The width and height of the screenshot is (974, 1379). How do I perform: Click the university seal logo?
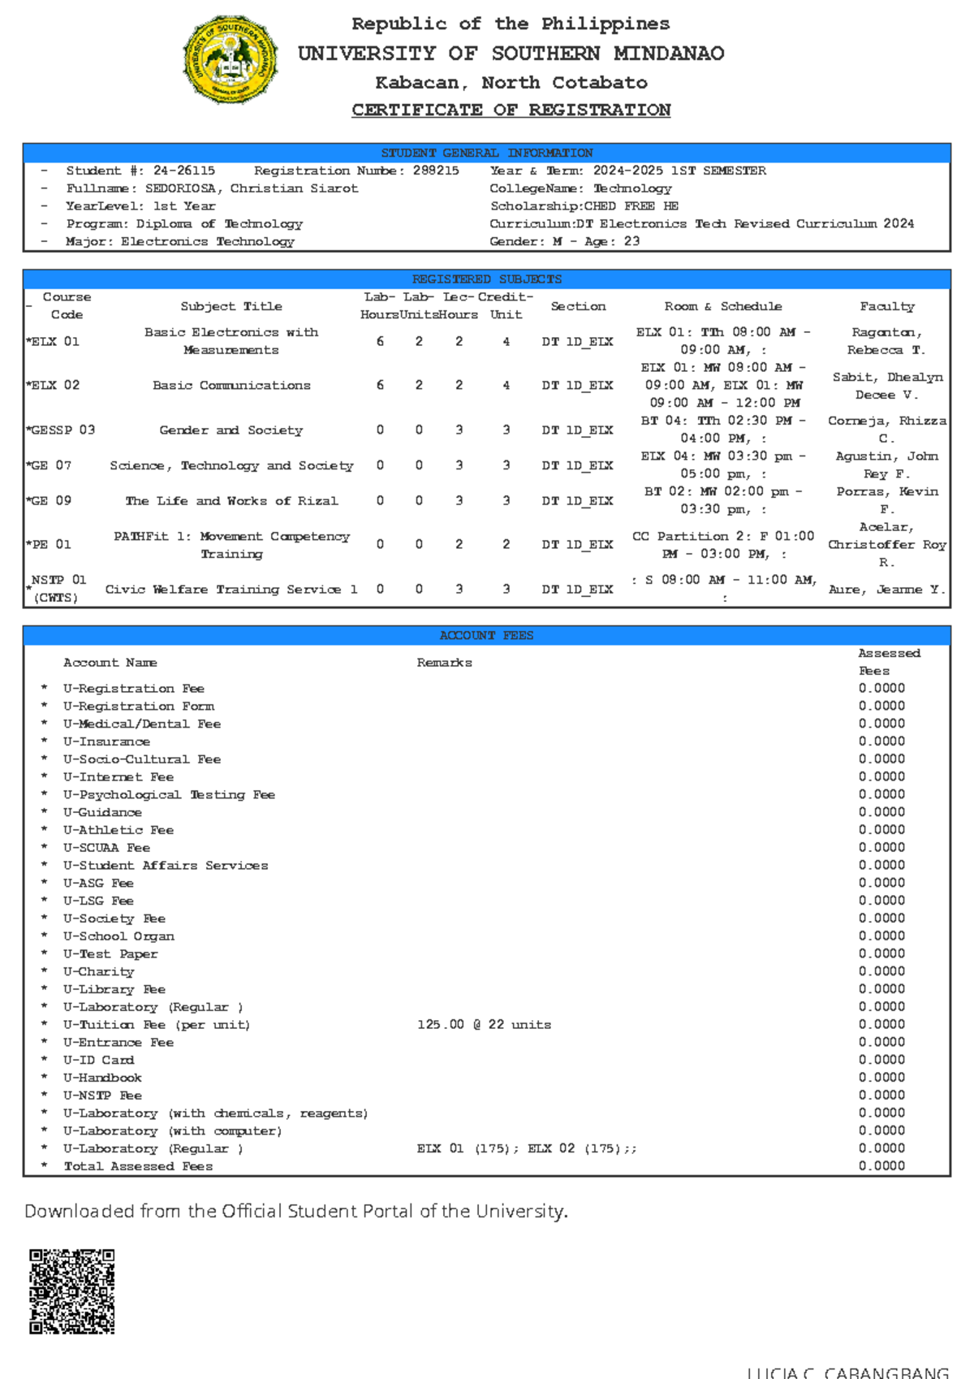point(231,60)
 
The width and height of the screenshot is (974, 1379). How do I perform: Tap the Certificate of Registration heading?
point(511,110)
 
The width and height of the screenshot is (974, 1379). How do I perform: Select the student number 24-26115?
point(184,171)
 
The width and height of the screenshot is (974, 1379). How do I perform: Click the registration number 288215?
point(436,171)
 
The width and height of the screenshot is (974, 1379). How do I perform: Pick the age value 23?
point(631,241)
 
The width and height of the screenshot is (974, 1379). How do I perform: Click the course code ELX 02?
point(54,385)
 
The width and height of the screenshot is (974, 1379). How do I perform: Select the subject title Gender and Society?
point(231,430)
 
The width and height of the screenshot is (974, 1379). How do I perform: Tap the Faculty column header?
point(887,306)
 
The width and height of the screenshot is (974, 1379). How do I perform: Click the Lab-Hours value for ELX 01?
point(380,342)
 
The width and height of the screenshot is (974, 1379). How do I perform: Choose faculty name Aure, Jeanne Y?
point(887,590)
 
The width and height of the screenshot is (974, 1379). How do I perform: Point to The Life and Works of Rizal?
point(231,501)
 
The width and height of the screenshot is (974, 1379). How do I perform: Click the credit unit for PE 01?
point(506,545)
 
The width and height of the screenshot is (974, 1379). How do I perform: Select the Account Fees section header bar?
point(486,635)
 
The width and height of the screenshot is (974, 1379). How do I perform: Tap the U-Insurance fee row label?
point(106,741)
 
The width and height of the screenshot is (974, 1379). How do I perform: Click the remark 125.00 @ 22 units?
point(484,1025)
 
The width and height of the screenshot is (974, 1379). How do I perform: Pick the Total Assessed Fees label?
point(138,1166)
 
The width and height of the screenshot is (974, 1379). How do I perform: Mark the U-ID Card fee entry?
point(98,1060)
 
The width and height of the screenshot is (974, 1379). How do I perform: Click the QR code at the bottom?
point(72,1291)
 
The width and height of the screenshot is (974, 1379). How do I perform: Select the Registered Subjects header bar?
point(486,279)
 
